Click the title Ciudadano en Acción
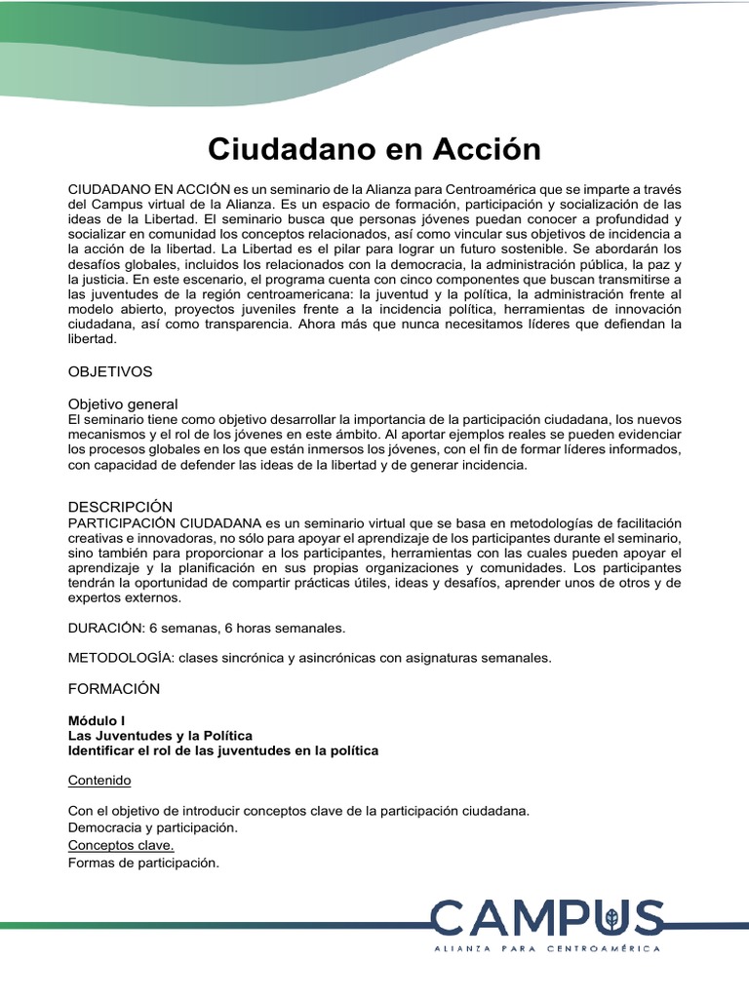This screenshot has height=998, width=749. [374, 149]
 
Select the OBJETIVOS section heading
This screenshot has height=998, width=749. [109, 371]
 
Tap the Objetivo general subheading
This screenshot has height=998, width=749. [123, 403]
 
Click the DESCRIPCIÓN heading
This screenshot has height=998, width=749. [120, 507]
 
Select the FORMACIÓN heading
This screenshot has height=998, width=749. [113, 688]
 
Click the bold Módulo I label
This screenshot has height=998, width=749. [99, 720]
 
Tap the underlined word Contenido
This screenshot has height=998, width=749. [99, 781]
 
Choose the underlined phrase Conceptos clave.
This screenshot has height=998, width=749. [121, 845]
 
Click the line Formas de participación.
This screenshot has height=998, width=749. [144, 862]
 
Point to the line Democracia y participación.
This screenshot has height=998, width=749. [153, 827]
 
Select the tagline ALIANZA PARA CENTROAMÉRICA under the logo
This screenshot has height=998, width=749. [547, 948]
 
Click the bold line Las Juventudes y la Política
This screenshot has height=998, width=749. [160, 735]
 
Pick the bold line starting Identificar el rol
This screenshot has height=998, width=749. [223, 750]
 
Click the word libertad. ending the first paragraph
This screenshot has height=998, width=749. [92, 339]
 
